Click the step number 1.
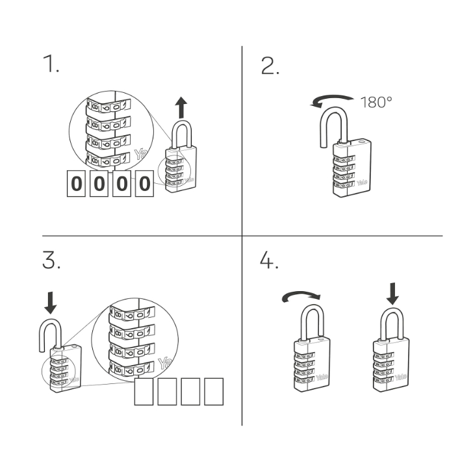point(51,64)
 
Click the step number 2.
point(270,66)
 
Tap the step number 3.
point(51,261)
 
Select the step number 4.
point(269,261)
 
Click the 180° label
point(376,102)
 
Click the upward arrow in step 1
point(181,107)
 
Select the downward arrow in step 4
point(392,295)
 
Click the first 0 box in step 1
point(77,184)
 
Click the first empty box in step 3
point(144,392)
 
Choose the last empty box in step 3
point(214,392)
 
